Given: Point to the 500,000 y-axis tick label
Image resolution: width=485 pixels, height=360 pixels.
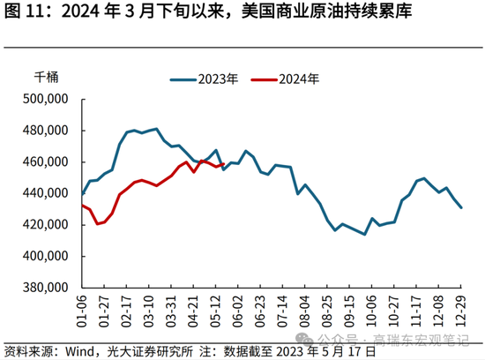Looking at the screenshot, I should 46,99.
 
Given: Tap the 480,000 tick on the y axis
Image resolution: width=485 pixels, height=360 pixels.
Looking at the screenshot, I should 46,131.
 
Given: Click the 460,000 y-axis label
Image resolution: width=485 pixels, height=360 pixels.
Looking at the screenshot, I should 46,162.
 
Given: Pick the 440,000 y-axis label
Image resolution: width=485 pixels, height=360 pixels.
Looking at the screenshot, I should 46,193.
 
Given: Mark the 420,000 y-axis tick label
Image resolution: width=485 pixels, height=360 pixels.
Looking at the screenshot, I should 46,225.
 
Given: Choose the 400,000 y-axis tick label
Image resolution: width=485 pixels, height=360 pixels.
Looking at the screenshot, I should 46,257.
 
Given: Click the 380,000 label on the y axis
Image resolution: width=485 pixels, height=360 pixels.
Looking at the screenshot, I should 46,288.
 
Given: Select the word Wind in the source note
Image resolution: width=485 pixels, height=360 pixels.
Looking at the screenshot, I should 85,350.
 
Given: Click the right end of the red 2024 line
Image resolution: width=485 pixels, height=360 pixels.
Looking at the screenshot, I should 223,165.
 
